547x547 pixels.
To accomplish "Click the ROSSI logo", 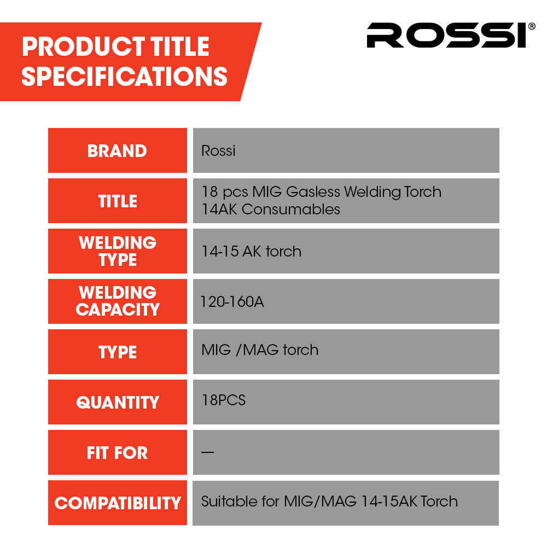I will pyautogui.click(x=446, y=36).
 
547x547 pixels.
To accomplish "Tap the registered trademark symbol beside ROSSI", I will pyautogui.click(x=532, y=26).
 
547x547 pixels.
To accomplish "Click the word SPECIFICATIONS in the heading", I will pyautogui.click(x=124, y=76).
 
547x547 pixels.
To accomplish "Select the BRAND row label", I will pyautogui.click(x=117, y=151).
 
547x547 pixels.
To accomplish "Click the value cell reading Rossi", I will pyautogui.click(x=218, y=151).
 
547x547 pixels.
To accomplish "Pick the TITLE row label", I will pyautogui.click(x=118, y=201).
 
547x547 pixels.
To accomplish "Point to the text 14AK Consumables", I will pyautogui.click(x=271, y=210).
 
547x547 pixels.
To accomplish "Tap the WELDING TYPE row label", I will pyautogui.click(x=118, y=251).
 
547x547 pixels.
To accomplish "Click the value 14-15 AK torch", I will pyautogui.click(x=251, y=252).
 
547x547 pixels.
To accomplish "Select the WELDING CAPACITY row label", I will pyautogui.click(x=118, y=301).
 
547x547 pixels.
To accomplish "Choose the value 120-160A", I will pyautogui.click(x=232, y=302).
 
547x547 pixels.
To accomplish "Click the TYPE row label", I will pyautogui.click(x=118, y=352).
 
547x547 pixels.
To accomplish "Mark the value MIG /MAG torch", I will pyautogui.click(x=260, y=350).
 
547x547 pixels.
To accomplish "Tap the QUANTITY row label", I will pyautogui.click(x=118, y=403).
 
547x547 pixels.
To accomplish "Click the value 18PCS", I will pyautogui.click(x=224, y=400).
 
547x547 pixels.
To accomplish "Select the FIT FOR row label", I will pyautogui.click(x=118, y=453).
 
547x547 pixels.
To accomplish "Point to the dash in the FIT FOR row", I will pyautogui.click(x=207, y=452).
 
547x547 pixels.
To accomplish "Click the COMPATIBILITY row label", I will pyautogui.click(x=118, y=503).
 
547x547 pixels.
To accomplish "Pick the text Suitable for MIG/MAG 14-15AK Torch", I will pyautogui.click(x=329, y=502).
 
